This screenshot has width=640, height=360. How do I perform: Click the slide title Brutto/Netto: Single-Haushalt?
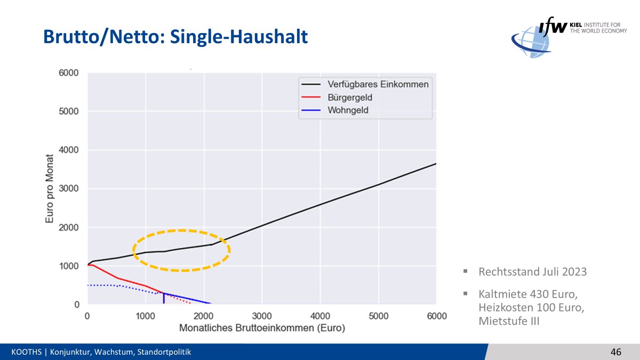tap(175, 37)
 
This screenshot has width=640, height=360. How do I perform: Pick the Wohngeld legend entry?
tap(348, 111)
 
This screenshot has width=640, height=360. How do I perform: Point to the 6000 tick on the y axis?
tap(69, 73)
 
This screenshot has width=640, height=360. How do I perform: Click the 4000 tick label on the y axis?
tap(69, 150)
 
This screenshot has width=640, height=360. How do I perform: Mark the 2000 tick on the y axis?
tap(69, 228)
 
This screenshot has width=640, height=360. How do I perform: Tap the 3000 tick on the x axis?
tap(262, 316)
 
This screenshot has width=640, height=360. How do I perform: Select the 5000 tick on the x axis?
tap(379, 316)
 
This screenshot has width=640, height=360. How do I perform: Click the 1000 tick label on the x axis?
tap(145, 316)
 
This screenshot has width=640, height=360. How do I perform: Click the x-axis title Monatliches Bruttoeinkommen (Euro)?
tap(262, 327)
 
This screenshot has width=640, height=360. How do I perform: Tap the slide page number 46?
tap(616, 352)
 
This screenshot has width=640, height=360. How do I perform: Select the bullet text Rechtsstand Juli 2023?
tap(532, 272)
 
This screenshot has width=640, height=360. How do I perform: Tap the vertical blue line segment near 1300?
tap(163, 299)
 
